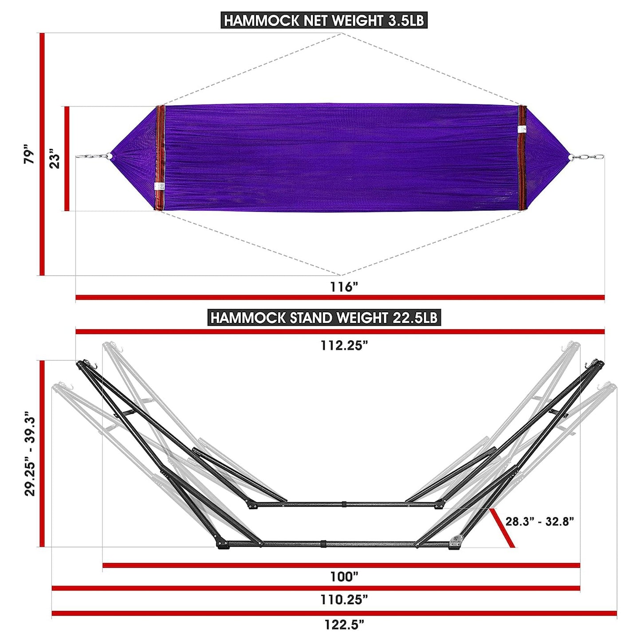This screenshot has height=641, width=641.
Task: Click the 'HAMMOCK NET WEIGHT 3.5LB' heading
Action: [x=324, y=20]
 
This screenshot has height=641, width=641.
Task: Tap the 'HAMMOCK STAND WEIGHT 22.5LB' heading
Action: [x=324, y=318]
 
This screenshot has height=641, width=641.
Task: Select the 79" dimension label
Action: [x=29, y=154]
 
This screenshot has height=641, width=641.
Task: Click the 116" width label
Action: [x=343, y=287]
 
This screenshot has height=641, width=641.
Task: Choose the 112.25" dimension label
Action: [x=344, y=346]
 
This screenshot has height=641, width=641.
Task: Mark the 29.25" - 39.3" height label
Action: [x=30, y=453]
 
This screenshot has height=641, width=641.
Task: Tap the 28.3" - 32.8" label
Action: [x=539, y=521]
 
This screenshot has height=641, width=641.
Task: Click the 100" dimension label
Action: [x=344, y=577]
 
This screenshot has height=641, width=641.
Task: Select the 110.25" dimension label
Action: [x=344, y=600]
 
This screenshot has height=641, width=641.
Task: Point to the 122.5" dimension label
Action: [x=344, y=625]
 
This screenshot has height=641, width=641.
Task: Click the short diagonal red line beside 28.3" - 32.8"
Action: [x=502, y=528]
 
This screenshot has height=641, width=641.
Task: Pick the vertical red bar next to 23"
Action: [x=67, y=158]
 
